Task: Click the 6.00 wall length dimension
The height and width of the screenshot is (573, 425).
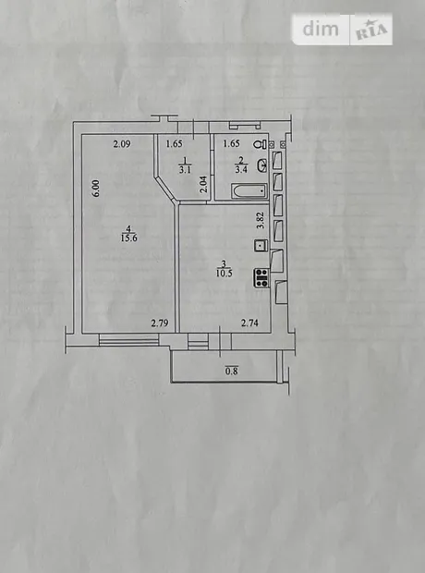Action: tap(96, 189)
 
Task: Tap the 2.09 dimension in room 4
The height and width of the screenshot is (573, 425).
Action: tap(122, 144)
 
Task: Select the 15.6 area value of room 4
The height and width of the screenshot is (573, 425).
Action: tap(128, 238)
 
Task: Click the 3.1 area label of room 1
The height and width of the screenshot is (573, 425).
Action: tap(185, 170)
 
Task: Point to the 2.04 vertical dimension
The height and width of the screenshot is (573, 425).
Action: tap(204, 184)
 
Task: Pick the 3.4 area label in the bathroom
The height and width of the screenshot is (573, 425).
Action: tap(241, 169)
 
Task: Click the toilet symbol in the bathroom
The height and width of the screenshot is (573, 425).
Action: tap(261, 144)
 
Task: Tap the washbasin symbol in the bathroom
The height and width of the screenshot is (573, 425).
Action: tap(262, 165)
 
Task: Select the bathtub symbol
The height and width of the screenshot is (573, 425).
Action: tap(249, 191)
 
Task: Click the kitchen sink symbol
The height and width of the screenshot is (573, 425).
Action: tap(261, 245)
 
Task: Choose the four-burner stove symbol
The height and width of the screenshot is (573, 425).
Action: tap(261, 277)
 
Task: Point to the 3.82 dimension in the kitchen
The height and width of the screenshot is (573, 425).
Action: tap(261, 221)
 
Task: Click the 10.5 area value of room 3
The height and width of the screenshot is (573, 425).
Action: tap(224, 273)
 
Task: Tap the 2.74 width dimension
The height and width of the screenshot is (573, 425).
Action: tap(249, 323)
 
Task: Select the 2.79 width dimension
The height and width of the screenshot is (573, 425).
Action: tap(160, 323)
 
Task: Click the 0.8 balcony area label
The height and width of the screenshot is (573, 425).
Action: tap(231, 372)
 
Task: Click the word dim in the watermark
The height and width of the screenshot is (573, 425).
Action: tap(321, 29)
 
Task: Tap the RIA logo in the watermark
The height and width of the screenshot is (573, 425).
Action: tap(371, 30)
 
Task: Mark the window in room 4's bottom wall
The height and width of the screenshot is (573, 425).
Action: tap(129, 339)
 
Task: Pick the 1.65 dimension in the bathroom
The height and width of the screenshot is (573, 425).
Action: tap(231, 143)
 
